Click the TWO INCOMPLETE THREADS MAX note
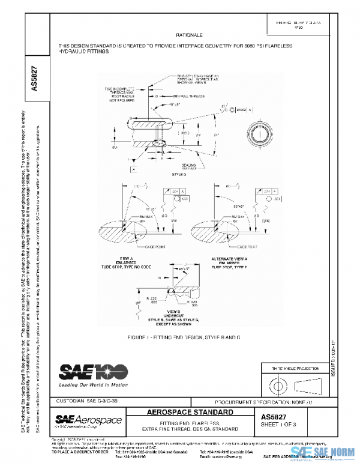119,95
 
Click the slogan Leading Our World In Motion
93,384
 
